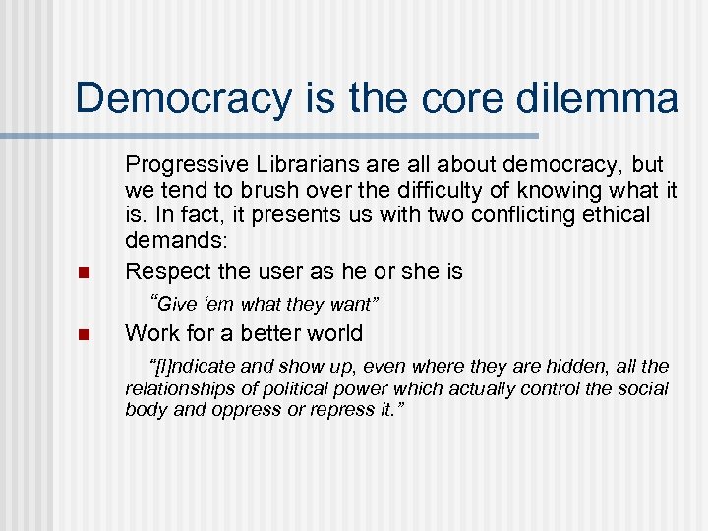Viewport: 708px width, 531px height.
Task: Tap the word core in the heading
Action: (x=459, y=99)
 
